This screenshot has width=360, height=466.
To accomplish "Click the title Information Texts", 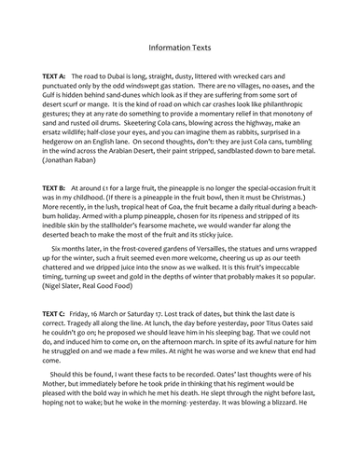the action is pos(180,43).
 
